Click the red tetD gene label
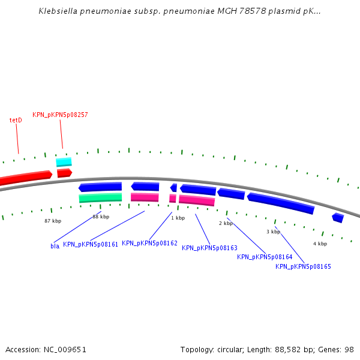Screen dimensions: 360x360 point(16,120)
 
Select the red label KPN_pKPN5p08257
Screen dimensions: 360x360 point(60,115)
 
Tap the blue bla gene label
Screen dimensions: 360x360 point(55,246)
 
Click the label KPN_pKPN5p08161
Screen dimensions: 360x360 point(91,244)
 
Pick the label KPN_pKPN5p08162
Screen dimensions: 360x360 point(149,243)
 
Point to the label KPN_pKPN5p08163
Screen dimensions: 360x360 point(209,248)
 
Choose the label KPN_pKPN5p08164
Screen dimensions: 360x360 point(265,257)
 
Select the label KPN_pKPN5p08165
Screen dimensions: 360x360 point(303,266)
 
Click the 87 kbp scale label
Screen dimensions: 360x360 point(53,221)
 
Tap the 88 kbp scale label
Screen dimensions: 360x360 point(101,217)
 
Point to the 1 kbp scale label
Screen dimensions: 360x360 point(178,218)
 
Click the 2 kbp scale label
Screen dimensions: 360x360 point(226,223)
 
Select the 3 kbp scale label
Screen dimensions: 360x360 point(273,232)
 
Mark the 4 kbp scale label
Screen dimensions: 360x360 point(320,244)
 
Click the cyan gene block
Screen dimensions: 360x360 point(64,162)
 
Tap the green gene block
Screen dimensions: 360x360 point(100,197)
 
